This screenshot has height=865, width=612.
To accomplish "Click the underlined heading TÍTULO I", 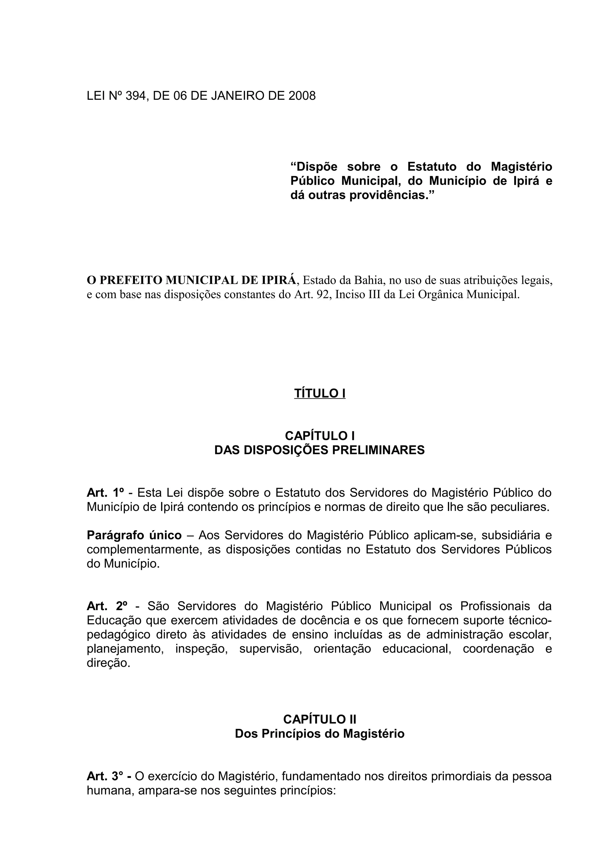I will [319, 393].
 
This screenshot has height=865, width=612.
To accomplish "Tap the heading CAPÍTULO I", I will [319, 435].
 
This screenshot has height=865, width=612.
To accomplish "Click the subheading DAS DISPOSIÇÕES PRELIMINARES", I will [319, 450].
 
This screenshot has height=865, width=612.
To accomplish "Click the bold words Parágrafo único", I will [134, 535].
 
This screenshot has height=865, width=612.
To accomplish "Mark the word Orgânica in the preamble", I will [437, 294].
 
